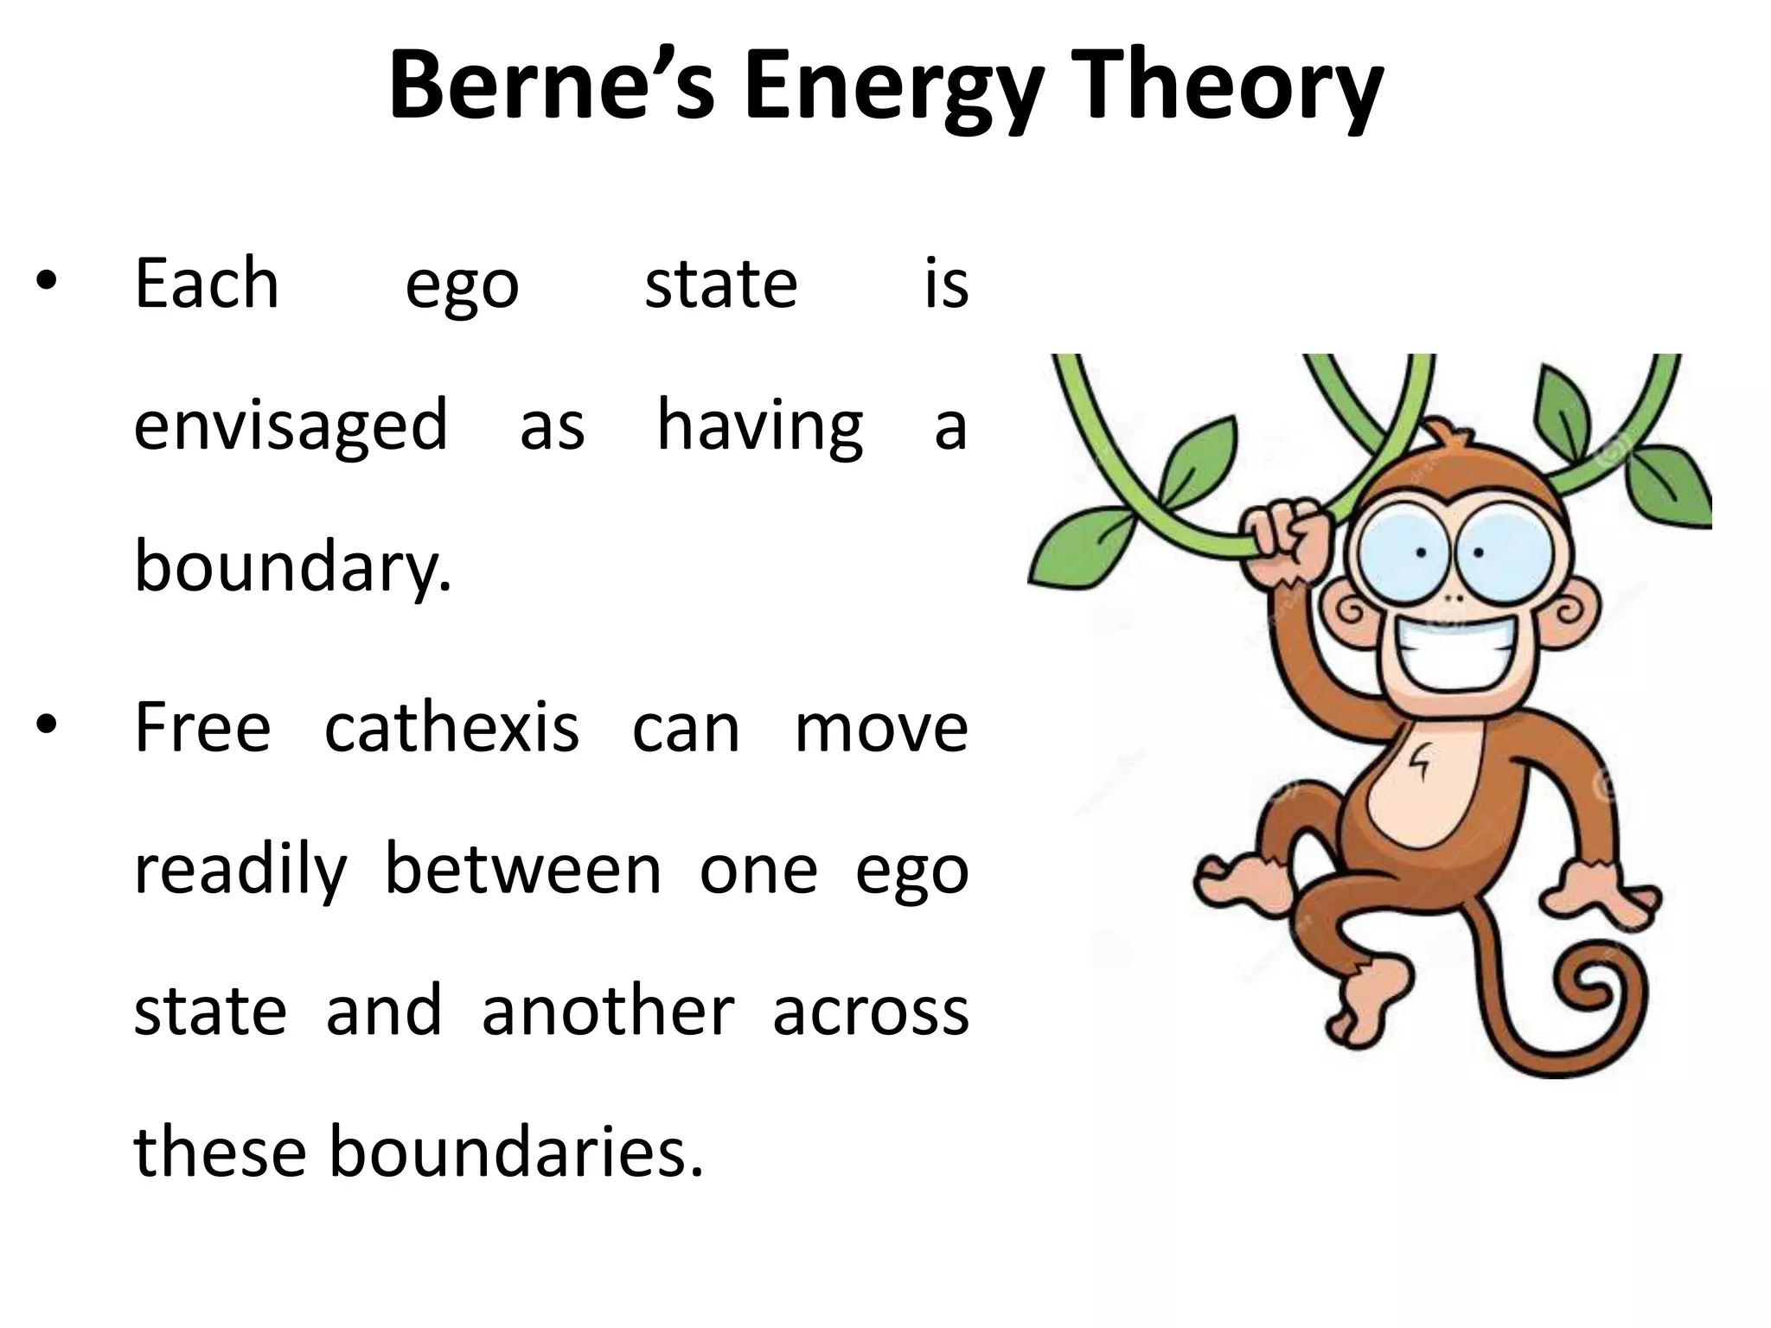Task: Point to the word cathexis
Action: coord(451,729)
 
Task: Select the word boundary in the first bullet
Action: coord(292,568)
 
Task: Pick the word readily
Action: coord(240,871)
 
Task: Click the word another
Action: coord(608,1012)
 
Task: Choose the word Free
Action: coord(202,729)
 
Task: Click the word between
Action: coord(522,871)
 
